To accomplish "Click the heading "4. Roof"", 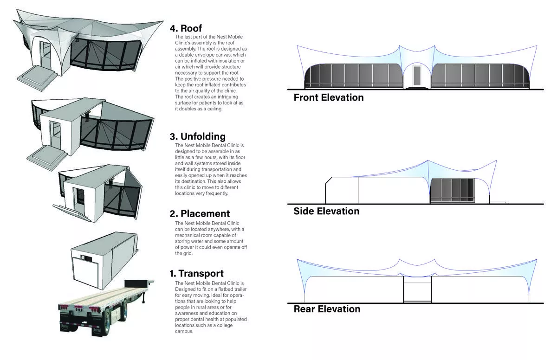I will pos(186,28).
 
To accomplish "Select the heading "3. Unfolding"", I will pos(197,136).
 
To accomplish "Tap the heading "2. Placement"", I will pos(199,213).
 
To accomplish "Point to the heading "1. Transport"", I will pos(196,274).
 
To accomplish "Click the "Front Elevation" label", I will pos(329,97).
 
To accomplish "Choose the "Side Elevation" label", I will pos(326,211).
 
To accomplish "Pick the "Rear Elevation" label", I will pos(327,309).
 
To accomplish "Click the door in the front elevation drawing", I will pos(416,76).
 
